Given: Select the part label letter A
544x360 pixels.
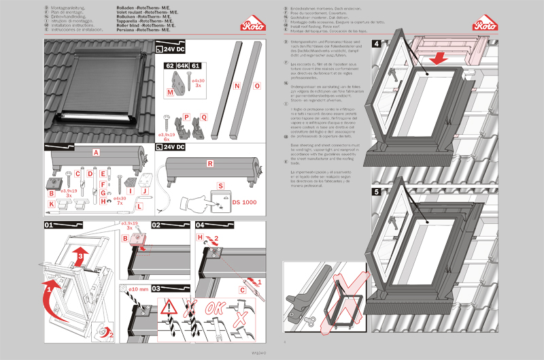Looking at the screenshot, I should click(97, 153).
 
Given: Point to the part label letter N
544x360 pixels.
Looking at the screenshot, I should click(237, 86).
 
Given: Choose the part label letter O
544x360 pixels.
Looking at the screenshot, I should click(256, 86).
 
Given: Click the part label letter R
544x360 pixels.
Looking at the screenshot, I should click(210, 164).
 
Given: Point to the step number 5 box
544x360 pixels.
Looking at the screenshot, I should click(376, 192).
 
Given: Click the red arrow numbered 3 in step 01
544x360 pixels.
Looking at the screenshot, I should click(81, 255).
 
